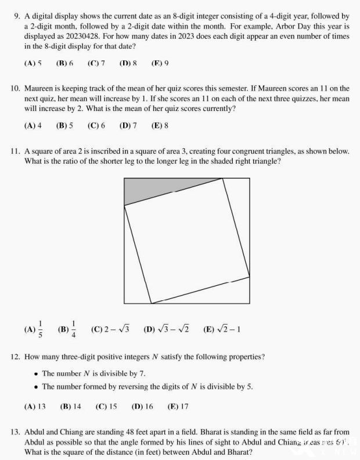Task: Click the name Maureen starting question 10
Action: point(39,89)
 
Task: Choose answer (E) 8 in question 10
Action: point(160,125)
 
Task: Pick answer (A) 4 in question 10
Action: point(33,125)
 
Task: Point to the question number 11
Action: point(16,152)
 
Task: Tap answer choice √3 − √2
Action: point(165,329)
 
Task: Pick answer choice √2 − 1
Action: point(222,329)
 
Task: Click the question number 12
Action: point(16,356)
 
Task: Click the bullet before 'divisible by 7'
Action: point(36,373)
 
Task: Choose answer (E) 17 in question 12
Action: point(178,407)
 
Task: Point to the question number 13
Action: point(16,433)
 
